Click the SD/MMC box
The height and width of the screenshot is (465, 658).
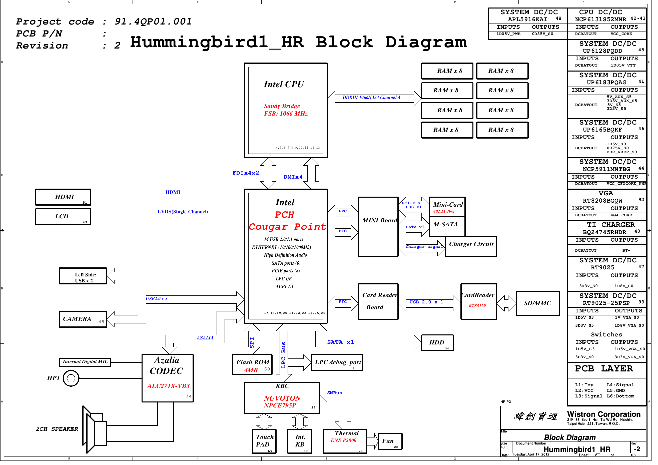(542, 306)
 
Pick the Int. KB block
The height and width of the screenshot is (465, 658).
(302, 444)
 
